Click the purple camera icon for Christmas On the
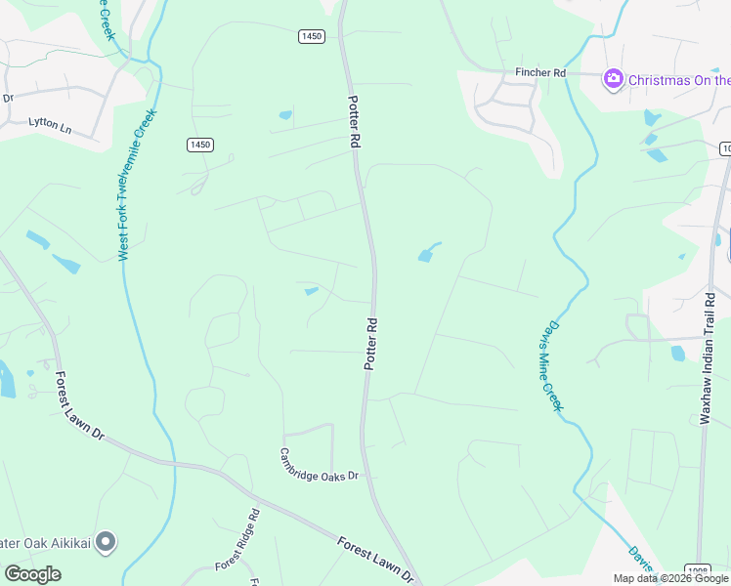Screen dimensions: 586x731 click(x=614, y=79)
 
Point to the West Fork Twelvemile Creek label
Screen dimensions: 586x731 click(x=137, y=185)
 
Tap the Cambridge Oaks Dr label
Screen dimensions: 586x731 click(x=320, y=464)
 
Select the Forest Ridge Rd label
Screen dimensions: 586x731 click(x=236, y=539)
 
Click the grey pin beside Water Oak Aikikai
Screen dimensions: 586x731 click(x=107, y=541)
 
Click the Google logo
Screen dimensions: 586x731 click(x=32, y=573)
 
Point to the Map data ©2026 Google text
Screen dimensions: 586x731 click(x=670, y=578)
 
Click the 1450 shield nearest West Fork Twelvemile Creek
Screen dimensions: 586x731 click(x=199, y=145)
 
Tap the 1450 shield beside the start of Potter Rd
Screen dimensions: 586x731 click(x=311, y=36)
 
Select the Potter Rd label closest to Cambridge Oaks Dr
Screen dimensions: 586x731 click(x=370, y=343)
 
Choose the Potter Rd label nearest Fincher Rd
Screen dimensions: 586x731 click(x=355, y=121)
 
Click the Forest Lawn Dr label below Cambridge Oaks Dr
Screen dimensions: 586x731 click(x=375, y=561)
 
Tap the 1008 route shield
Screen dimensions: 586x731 click(x=698, y=570)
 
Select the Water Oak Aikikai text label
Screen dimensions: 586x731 click(x=45, y=542)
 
